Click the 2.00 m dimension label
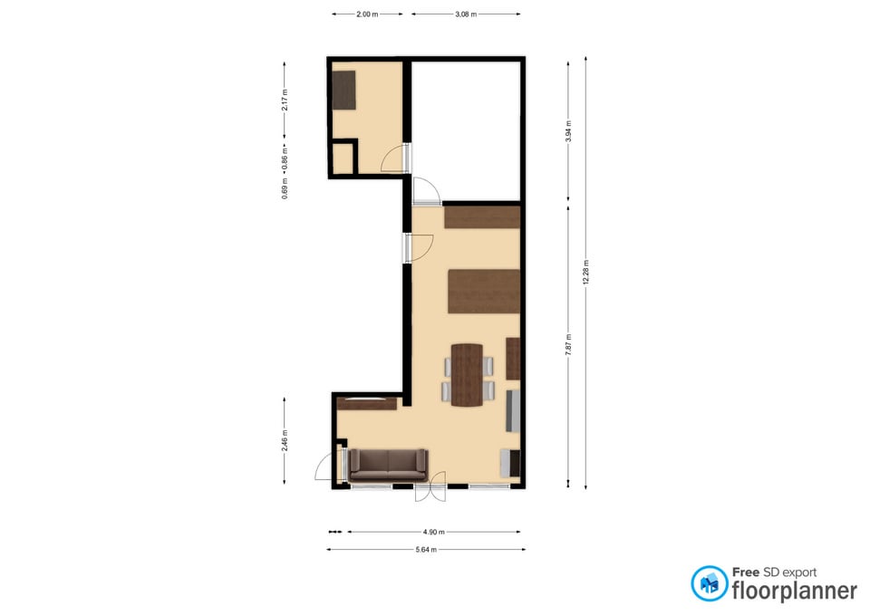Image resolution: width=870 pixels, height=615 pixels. point(367,14)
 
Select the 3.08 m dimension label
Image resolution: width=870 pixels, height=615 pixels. point(466,14)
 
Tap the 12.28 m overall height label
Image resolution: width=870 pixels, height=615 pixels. point(586,273)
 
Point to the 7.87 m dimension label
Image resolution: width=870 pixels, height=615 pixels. point(568,344)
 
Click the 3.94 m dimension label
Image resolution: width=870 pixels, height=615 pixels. point(568,131)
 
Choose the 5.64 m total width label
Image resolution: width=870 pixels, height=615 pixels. point(426,550)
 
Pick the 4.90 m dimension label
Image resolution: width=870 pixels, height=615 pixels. point(434,532)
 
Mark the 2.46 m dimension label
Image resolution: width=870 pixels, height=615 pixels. point(285,440)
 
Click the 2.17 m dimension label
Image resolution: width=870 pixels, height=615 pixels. point(285,101)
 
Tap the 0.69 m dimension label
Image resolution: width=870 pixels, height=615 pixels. point(285,188)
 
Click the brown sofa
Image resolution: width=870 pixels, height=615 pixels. point(389,465)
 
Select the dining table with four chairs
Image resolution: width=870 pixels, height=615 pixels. point(468,375)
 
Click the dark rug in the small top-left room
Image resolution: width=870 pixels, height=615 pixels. point(344,90)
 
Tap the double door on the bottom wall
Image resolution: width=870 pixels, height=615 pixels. point(430,487)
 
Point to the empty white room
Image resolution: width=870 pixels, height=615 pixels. point(466,130)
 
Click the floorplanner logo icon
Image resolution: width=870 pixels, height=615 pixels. point(709,583)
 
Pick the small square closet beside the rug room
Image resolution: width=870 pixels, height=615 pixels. point(343,159)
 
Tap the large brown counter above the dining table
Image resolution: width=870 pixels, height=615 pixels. point(484,291)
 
